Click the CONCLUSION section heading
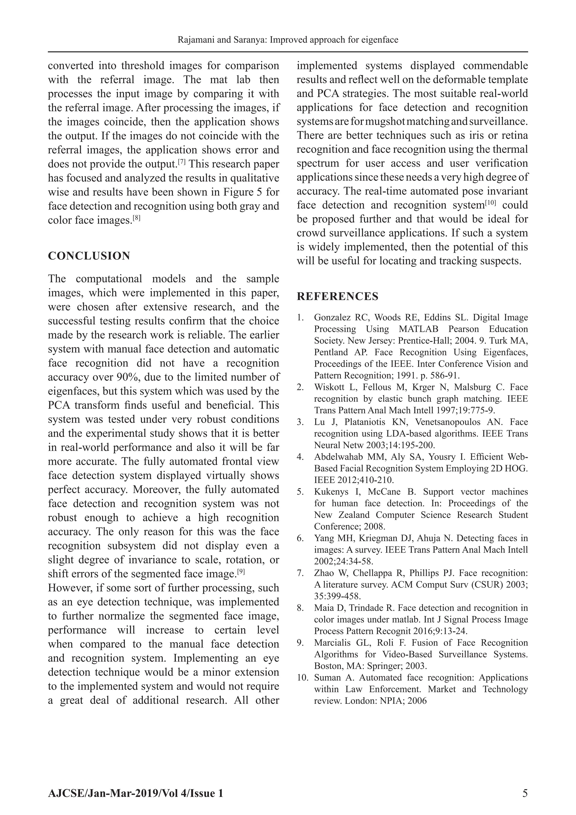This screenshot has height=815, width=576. [89, 256]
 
